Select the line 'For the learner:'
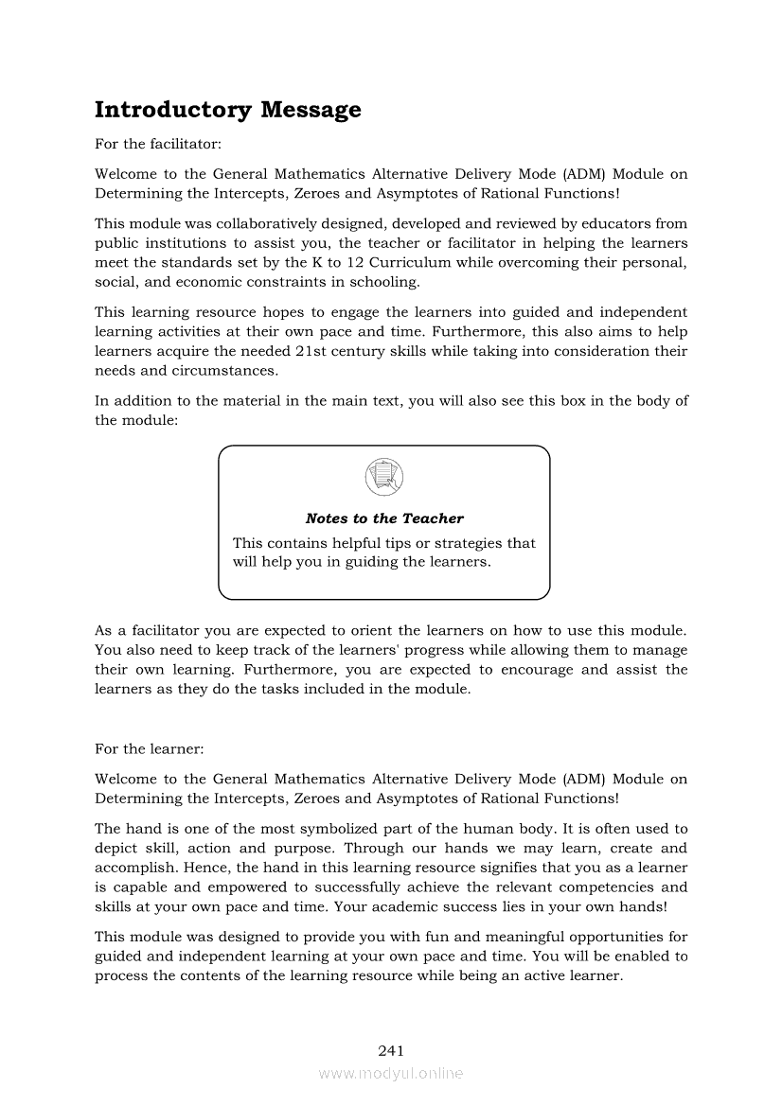(150, 748)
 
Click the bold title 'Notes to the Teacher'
(384, 518)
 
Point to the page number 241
(391, 1050)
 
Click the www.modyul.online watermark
(391, 1074)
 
